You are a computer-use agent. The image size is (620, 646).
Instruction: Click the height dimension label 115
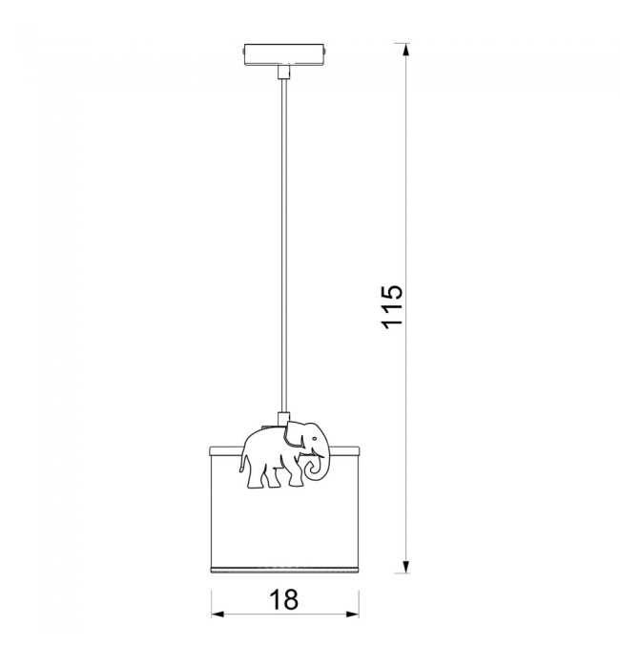pyautogui.click(x=391, y=306)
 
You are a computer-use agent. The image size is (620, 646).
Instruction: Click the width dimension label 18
pyautogui.click(x=284, y=599)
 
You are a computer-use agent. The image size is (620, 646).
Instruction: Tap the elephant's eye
pyautogui.click(x=314, y=439)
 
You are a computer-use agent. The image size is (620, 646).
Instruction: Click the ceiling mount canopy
pyautogui.click(x=284, y=54)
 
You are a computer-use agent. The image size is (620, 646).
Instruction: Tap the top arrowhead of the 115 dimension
pyautogui.click(x=406, y=50)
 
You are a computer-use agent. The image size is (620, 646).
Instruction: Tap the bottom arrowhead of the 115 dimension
pyautogui.click(x=406, y=567)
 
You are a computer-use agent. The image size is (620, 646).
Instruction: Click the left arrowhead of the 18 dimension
pyautogui.click(x=218, y=615)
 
